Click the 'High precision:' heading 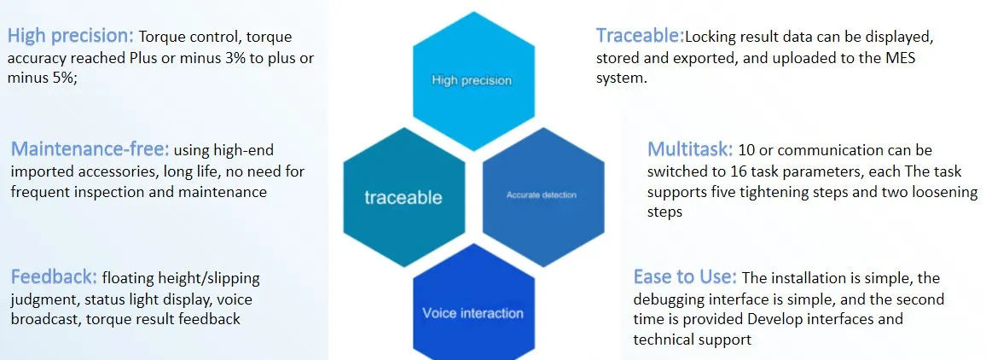[71, 37]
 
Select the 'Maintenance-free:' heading [90, 150]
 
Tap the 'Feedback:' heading [54, 277]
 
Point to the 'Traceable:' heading [641, 36]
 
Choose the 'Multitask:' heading [690, 150]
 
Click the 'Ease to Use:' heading [685, 277]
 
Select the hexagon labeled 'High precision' [473, 81]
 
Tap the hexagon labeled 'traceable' [403, 197]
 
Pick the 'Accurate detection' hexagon [543, 196]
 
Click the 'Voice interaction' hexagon [473, 309]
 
